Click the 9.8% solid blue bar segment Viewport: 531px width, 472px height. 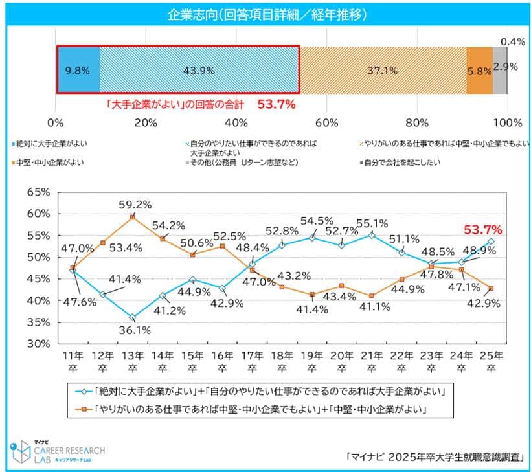pyautogui.click(x=78, y=69)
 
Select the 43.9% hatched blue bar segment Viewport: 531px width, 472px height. pyautogui.click(x=199, y=69)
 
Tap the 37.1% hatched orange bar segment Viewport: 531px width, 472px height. pyautogui.click(x=383, y=69)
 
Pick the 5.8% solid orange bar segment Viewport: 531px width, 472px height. pyautogui.click(x=480, y=69)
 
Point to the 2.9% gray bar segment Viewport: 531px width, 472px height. pyautogui.click(x=500, y=69)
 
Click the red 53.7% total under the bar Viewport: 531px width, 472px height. pyautogui.click(x=277, y=103)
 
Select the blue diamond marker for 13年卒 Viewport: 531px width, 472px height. pyautogui.click(x=132, y=318)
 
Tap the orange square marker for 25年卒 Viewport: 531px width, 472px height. pyautogui.click(x=491, y=288)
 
